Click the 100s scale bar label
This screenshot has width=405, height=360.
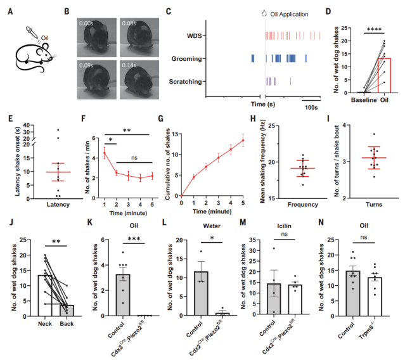311,108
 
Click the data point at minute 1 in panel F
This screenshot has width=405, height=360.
104,153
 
